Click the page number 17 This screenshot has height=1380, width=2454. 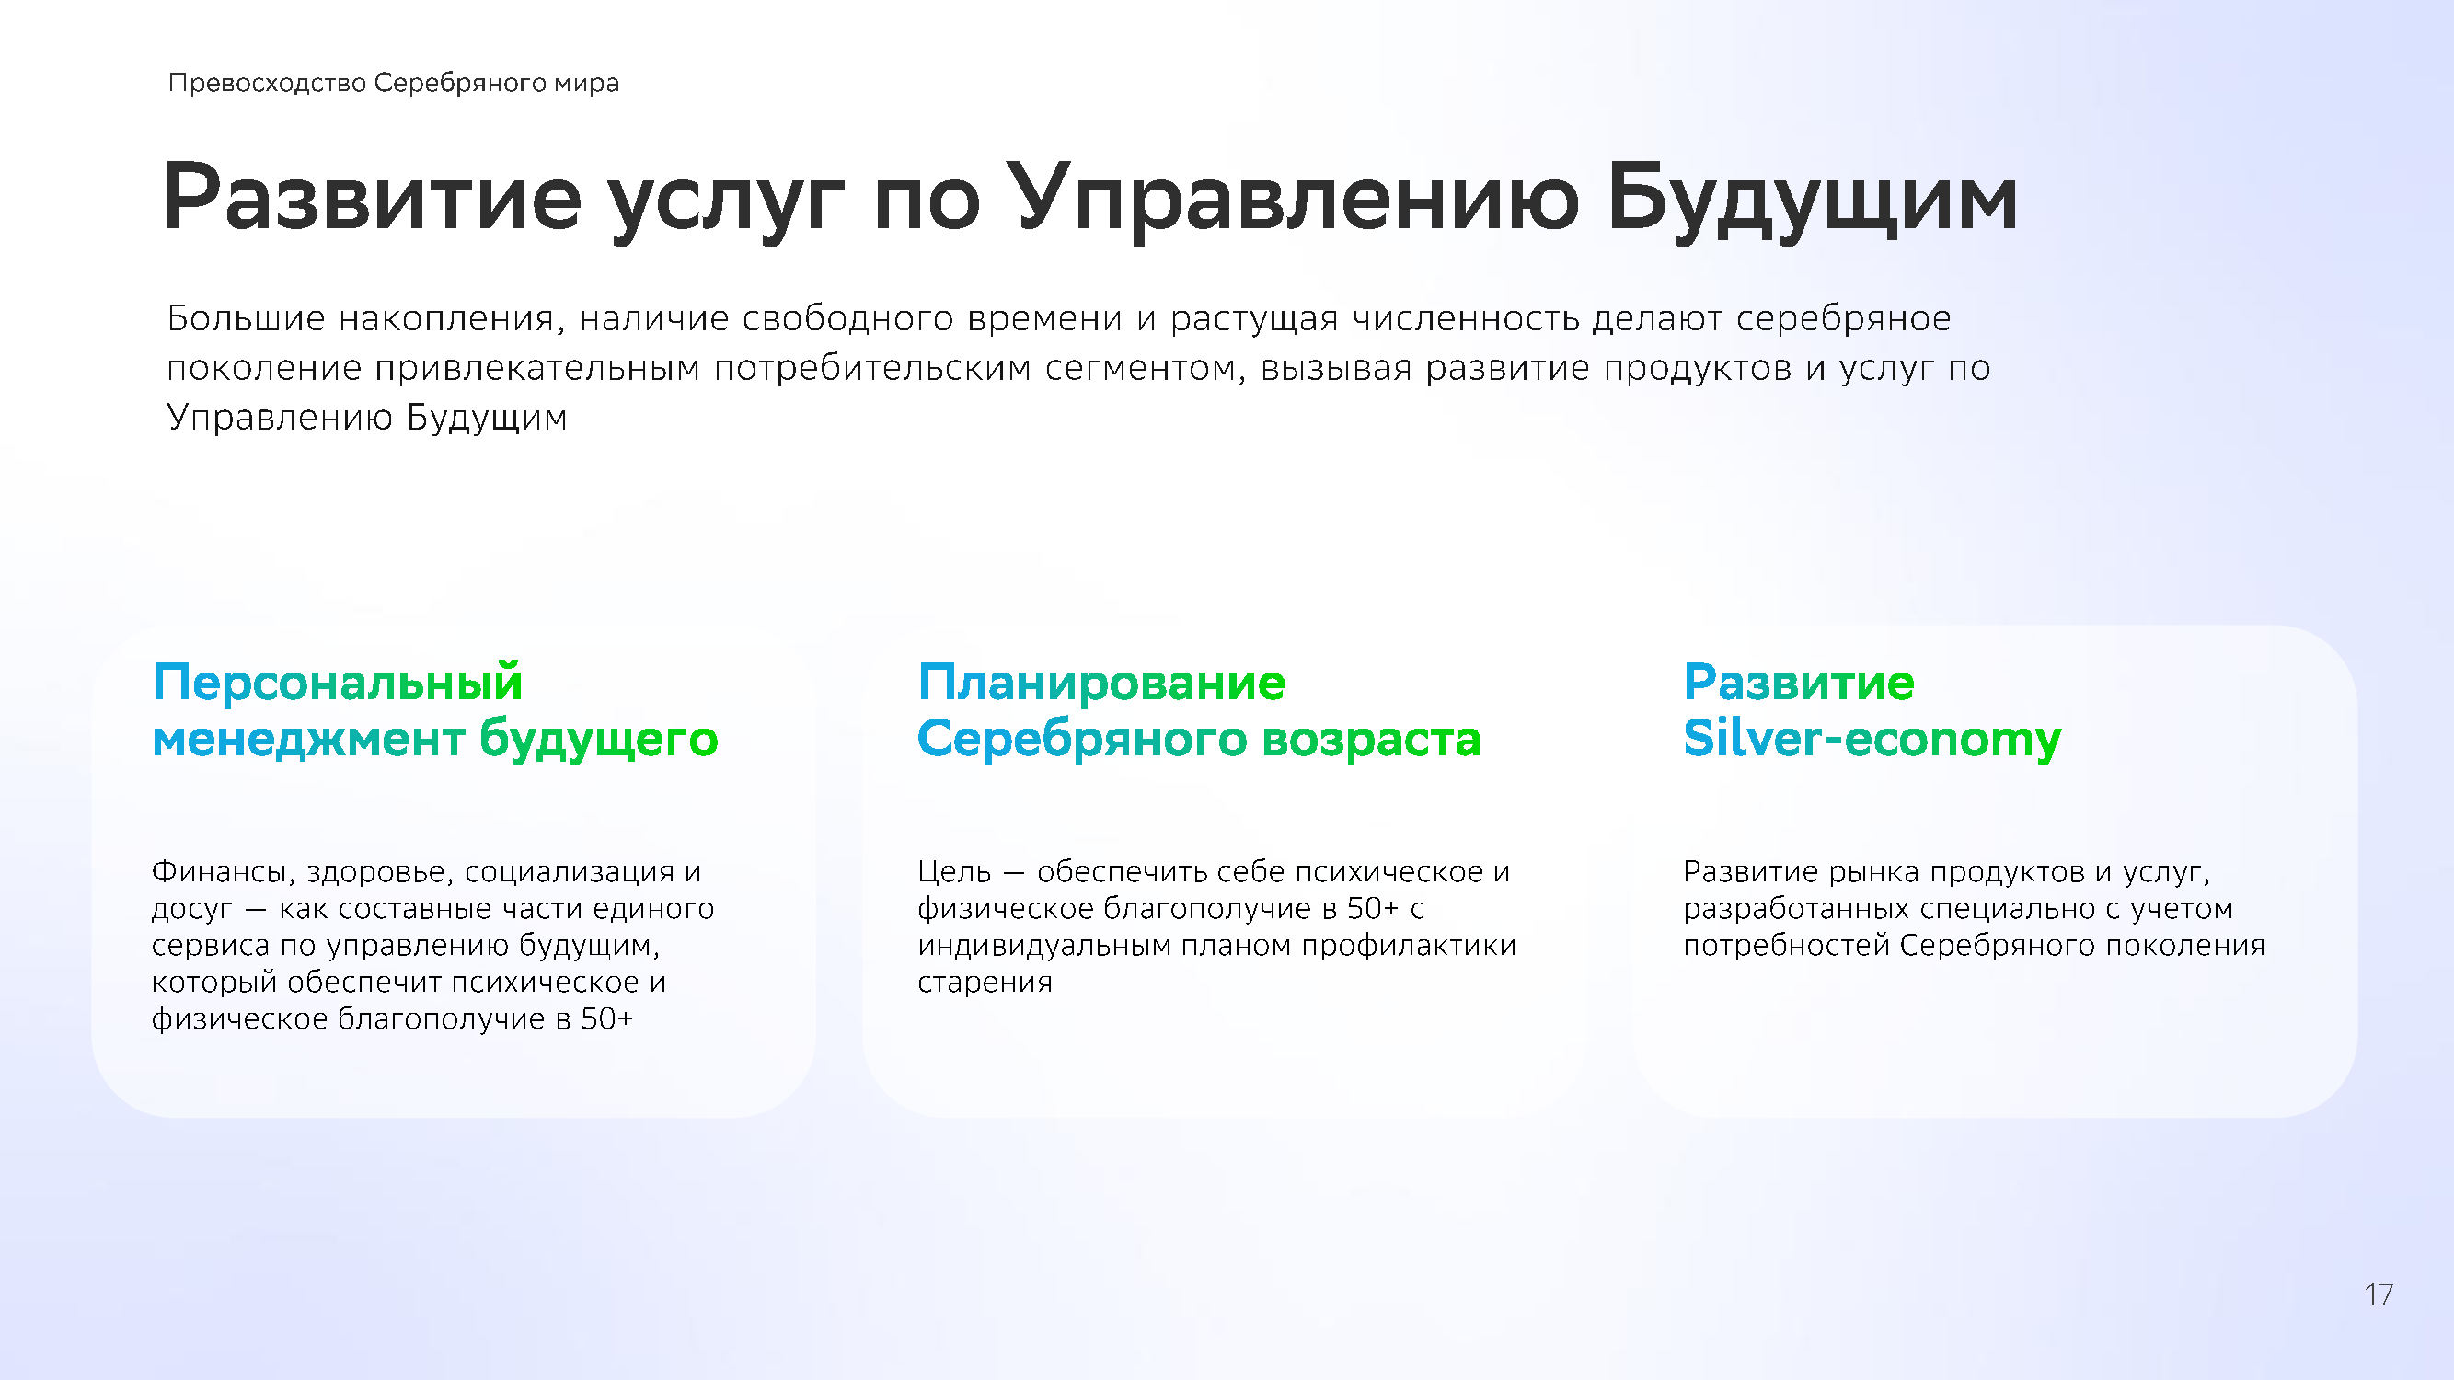click(2378, 1295)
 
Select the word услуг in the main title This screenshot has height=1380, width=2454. click(726, 200)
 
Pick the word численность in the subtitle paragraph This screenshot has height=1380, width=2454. click(1466, 319)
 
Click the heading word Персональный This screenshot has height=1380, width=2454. click(338, 683)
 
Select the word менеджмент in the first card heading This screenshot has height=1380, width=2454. click(308, 740)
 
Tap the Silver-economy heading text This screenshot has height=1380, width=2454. click(1872, 739)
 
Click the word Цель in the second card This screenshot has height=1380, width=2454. click(954, 872)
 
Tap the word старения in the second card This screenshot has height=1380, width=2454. click(985, 983)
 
